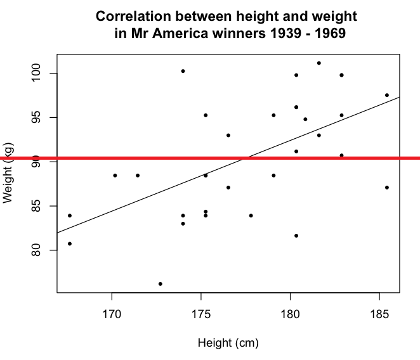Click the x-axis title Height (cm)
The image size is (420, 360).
228,344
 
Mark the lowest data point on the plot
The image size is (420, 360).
161,284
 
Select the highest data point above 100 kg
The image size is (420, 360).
319,63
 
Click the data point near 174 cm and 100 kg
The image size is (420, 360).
183,71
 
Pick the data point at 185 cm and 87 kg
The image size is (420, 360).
387,188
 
